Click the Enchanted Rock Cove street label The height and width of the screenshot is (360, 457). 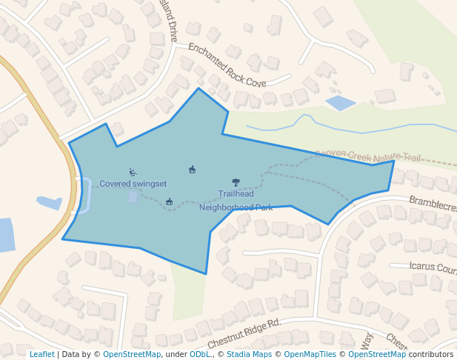pos(226,65)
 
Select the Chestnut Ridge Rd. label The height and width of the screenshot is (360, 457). pos(244,333)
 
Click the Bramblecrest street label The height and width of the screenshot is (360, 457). pos(433,204)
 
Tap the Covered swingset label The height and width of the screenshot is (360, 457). pos(133,184)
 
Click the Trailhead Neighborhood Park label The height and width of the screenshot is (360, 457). pos(236,201)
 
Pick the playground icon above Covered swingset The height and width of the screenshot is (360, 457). pos(133,173)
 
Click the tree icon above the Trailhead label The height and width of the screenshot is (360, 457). pos(236,182)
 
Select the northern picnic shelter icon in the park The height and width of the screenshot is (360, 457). pos(193,170)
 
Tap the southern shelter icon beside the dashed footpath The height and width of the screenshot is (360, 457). pos(170,201)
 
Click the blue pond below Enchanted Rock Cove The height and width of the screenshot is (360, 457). pos(341,103)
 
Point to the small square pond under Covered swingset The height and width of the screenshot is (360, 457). pos(133,197)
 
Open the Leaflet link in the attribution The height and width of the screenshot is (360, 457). pos(42,354)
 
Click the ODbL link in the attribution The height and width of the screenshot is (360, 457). pos(199,354)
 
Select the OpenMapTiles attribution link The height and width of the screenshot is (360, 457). pos(310,354)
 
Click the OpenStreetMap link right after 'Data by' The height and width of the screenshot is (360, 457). pos(132,354)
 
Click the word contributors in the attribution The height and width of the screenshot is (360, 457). pos(431,354)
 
